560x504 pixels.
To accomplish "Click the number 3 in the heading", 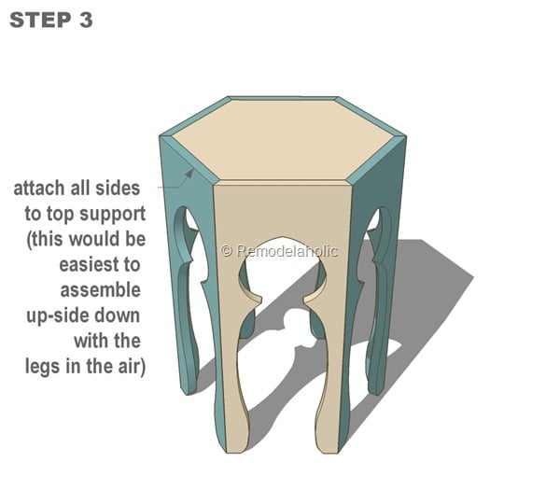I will [85, 20].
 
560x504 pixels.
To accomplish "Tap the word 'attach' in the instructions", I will [38, 189].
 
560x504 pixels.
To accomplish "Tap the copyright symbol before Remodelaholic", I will [226, 250].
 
